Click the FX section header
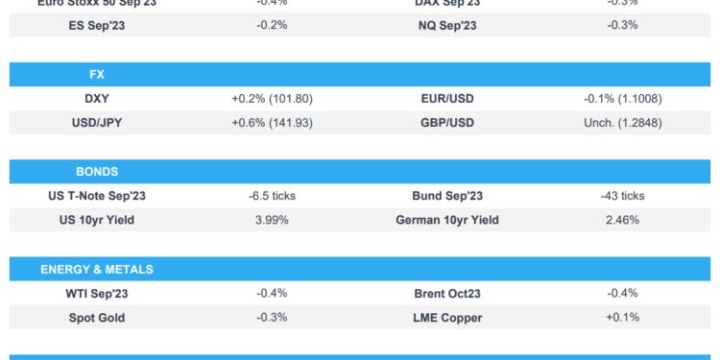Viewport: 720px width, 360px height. (x=96, y=74)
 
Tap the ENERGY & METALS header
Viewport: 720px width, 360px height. (x=96, y=270)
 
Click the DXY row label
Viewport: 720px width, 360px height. (x=97, y=98)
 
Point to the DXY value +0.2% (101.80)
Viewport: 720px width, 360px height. (x=272, y=98)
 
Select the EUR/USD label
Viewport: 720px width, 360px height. (x=446, y=98)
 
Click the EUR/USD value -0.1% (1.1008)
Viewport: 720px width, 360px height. (x=622, y=98)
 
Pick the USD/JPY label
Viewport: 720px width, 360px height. (x=97, y=122)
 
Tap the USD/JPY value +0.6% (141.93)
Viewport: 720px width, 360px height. (x=272, y=122)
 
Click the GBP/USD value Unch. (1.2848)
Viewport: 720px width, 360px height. (x=622, y=122)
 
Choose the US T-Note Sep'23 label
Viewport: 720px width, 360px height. (x=97, y=196)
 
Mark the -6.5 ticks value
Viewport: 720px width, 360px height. (x=272, y=196)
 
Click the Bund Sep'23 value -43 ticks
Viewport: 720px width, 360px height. (x=620, y=196)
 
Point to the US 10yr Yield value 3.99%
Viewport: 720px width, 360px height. (x=272, y=220)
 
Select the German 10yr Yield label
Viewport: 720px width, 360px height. (x=446, y=220)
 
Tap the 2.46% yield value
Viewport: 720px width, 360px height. (x=622, y=220)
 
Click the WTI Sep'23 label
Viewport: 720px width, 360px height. (x=97, y=294)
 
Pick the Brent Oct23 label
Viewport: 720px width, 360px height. (x=446, y=294)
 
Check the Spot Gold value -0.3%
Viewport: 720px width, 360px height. (x=272, y=318)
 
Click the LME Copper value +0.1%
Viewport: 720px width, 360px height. (x=622, y=318)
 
